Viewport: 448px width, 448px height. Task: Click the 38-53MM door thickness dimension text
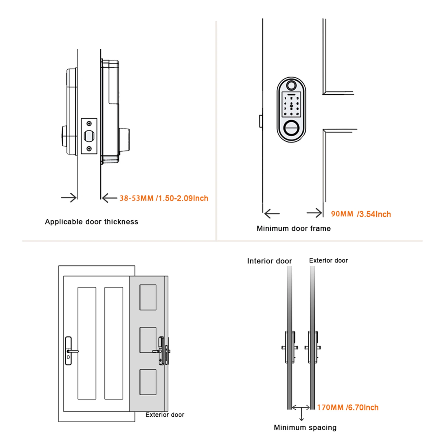click(164, 198)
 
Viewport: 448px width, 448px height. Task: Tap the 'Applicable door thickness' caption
click(92, 222)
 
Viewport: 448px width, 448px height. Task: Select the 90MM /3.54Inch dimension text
click(361, 214)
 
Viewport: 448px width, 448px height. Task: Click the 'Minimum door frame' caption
click(293, 228)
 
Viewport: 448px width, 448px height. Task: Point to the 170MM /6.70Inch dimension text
click(347, 407)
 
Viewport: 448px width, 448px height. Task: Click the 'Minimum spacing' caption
click(305, 428)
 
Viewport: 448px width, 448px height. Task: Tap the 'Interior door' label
click(269, 261)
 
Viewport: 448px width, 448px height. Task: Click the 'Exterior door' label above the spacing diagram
click(328, 261)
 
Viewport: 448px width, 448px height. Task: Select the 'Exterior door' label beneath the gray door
click(165, 415)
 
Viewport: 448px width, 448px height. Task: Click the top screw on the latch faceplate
click(89, 123)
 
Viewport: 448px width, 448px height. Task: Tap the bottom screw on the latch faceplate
click(89, 149)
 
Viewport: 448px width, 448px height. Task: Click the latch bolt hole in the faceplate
click(89, 136)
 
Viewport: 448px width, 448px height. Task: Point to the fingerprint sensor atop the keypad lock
click(291, 85)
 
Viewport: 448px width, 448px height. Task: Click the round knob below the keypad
click(291, 128)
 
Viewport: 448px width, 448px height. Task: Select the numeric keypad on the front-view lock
click(291, 106)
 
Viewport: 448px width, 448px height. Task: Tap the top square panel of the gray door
click(148, 297)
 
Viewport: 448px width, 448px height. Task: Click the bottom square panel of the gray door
click(148, 382)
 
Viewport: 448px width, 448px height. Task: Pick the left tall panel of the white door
click(87, 343)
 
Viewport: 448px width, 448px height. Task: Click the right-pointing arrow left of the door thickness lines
click(69, 198)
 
